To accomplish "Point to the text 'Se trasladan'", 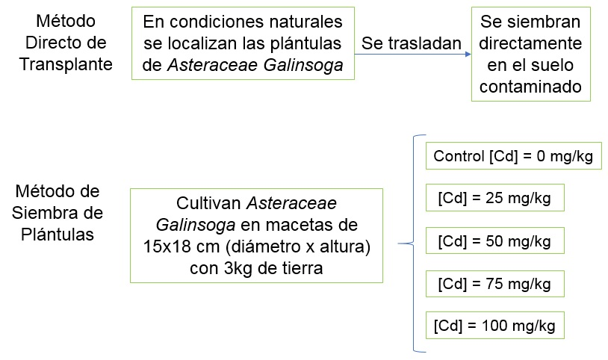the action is [x=412, y=43].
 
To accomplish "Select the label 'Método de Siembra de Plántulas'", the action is [x=66, y=213].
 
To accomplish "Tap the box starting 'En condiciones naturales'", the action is [x=242, y=43].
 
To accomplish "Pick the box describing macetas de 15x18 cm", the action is [x=256, y=235].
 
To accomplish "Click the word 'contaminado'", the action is [x=530, y=87].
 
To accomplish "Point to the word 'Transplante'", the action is [x=66, y=64].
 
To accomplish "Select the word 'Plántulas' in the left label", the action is [x=66, y=235].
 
